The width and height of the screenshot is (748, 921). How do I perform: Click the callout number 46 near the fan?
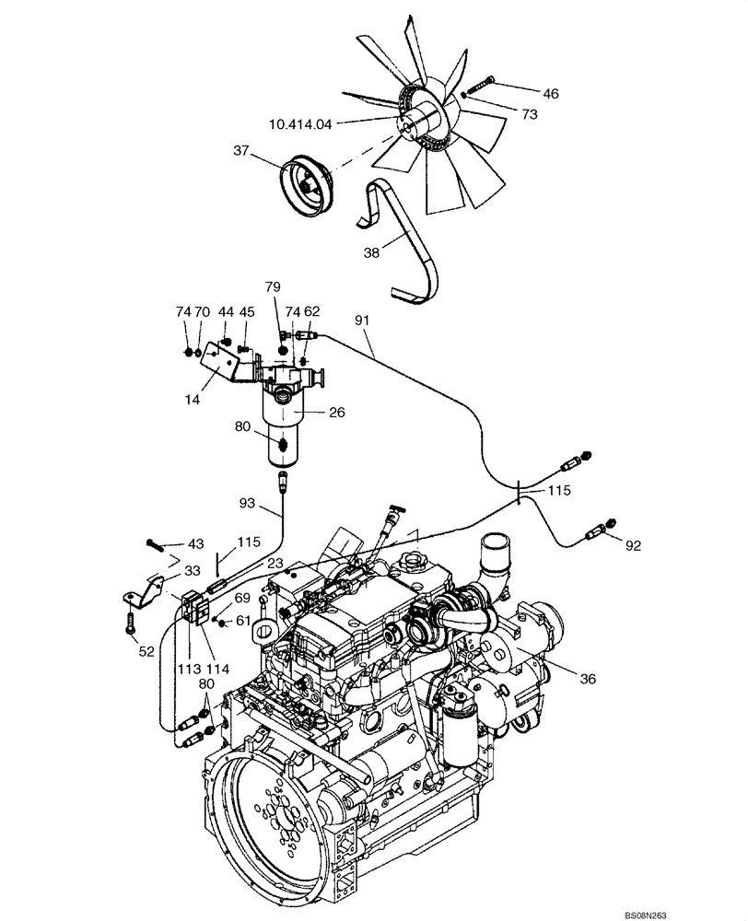pyautogui.click(x=551, y=93)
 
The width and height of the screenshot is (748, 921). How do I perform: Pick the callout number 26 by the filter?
pyautogui.click(x=337, y=413)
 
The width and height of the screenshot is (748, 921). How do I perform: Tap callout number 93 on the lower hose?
pyautogui.click(x=248, y=503)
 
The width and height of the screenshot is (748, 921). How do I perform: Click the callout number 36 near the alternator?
pyautogui.click(x=588, y=680)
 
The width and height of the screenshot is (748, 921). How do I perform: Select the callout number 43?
pyautogui.click(x=197, y=544)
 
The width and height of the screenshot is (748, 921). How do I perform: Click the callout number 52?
pyautogui.click(x=146, y=650)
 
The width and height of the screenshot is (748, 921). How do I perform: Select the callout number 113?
pyautogui.click(x=188, y=670)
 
